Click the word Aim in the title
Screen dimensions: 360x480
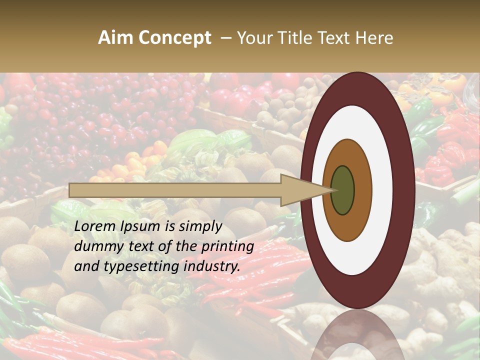pyautogui.click(x=115, y=38)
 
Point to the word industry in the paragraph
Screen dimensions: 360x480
pyautogui.click(x=211, y=267)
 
